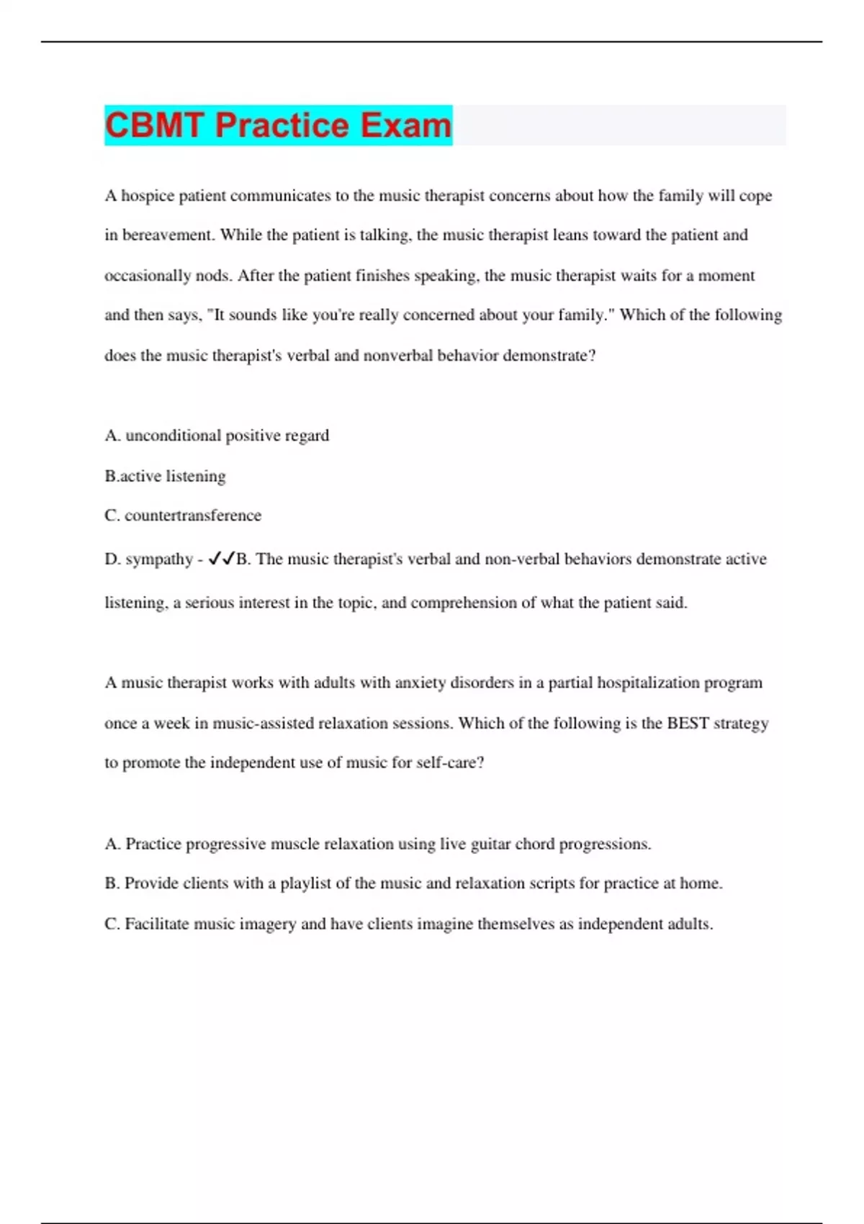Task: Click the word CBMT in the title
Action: point(154,125)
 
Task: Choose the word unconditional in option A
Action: point(173,436)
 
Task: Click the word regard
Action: point(307,436)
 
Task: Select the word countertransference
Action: point(193,516)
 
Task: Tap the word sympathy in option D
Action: point(159,559)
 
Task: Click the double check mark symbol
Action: point(221,559)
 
